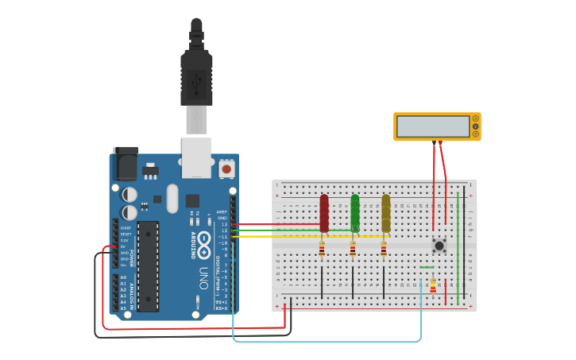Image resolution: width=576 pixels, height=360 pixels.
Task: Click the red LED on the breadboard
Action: tap(324, 213)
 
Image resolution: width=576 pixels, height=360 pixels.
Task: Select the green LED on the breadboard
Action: tap(355, 213)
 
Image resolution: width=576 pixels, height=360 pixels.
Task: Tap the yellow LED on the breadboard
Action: tap(386, 213)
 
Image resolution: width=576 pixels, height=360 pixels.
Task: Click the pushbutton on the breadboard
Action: tap(439, 244)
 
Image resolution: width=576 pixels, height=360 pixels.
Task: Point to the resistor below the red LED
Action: tap(322, 250)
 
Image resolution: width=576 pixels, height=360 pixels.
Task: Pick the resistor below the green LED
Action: tap(353, 250)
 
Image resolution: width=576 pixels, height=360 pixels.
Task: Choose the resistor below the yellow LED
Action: tap(384, 250)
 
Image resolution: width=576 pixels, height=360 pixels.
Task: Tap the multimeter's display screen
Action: tap(433, 126)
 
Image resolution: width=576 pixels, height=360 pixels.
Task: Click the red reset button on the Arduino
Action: tap(226, 168)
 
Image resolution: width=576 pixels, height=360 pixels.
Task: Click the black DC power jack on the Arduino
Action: tap(125, 165)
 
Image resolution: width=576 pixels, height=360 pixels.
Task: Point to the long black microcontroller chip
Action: tap(148, 266)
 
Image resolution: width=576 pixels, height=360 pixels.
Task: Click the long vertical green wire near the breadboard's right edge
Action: tap(458, 246)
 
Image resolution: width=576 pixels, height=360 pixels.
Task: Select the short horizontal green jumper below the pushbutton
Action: tap(427, 268)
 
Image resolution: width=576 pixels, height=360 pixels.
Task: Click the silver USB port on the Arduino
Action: tap(196, 157)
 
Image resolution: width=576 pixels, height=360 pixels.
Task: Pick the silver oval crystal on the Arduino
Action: tap(172, 199)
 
